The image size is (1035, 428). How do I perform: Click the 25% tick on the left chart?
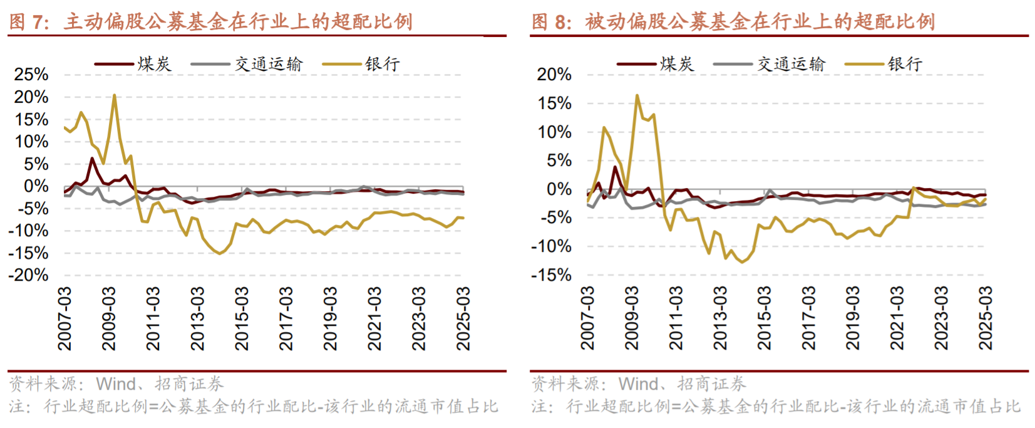(31, 75)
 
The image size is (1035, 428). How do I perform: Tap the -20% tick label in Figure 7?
(28, 275)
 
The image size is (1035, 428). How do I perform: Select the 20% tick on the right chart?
(554, 75)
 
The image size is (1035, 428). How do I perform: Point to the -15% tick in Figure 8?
(551, 275)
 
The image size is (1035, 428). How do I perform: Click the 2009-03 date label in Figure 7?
(109, 318)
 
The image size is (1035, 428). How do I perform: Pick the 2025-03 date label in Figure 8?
(986, 318)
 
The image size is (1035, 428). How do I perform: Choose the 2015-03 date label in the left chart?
(242, 318)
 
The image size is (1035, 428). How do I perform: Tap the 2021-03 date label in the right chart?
(897, 318)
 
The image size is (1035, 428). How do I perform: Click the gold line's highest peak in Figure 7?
(114, 95)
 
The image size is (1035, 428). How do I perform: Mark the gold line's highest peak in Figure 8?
(637, 96)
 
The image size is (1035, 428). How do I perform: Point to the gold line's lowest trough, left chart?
(219, 253)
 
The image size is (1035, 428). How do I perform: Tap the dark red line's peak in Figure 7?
(92, 158)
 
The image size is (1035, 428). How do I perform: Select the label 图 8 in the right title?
(552, 23)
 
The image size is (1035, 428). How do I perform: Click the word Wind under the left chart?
(116, 384)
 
